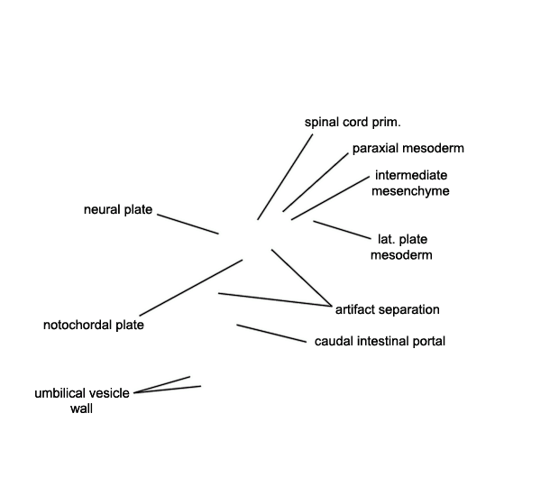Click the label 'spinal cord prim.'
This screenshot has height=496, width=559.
(353, 123)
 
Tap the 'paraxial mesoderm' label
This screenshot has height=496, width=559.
(408, 148)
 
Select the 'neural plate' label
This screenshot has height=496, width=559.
(118, 209)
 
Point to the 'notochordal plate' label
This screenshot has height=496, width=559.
(94, 325)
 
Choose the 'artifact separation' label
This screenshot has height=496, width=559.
(387, 309)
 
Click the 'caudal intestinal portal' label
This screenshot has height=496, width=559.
(380, 341)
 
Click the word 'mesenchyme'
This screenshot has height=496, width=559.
(410, 191)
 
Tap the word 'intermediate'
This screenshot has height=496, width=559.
(411, 175)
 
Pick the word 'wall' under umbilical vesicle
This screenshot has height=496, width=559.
(82, 409)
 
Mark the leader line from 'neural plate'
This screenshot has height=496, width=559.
(188, 225)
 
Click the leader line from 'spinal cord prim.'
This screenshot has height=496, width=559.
(285, 177)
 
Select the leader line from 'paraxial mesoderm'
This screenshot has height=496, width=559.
(316, 182)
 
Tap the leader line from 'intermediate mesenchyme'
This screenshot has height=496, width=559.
(331, 197)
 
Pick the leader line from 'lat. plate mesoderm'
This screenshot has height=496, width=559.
(343, 230)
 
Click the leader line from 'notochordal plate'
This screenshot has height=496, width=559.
(191, 288)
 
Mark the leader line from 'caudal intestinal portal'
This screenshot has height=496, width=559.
(271, 334)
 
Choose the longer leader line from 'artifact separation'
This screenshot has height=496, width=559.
(275, 299)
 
